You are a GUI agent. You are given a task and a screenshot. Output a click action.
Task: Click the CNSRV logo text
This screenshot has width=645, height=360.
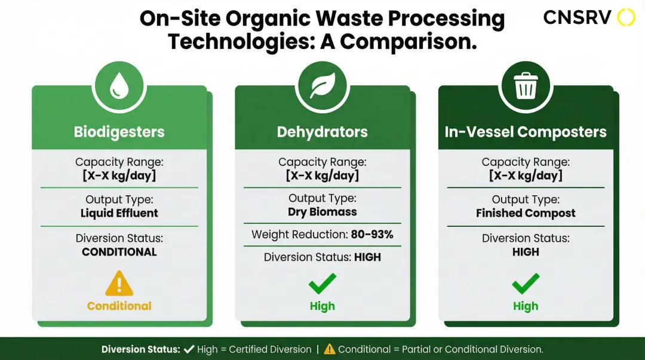(x=577, y=18)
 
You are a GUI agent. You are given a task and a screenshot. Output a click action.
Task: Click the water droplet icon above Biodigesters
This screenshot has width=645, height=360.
(x=119, y=86)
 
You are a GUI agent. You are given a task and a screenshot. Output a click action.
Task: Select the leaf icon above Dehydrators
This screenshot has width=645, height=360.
(x=322, y=86)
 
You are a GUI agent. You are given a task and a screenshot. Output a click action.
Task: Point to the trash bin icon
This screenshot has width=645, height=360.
(x=526, y=85)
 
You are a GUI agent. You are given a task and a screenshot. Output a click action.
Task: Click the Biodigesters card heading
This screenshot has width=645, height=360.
(x=119, y=132)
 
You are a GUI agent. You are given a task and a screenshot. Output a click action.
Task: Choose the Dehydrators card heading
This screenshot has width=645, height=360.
(x=322, y=132)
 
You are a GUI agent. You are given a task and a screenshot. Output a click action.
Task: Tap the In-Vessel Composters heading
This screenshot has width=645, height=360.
(x=526, y=132)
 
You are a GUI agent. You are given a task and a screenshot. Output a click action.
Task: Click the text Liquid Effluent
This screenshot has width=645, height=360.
(x=119, y=213)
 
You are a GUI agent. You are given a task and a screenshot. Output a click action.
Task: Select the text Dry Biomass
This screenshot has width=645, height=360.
(x=322, y=212)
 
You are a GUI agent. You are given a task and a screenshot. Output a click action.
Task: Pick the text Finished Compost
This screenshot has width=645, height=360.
(x=526, y=213)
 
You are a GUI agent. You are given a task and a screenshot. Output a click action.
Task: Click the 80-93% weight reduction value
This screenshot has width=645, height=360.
(x=372, y=235)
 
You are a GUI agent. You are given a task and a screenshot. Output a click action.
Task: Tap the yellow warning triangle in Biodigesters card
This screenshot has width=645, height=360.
(x=119, y=284)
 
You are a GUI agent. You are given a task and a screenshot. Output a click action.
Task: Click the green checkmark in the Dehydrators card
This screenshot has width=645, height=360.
(x=322, y=284)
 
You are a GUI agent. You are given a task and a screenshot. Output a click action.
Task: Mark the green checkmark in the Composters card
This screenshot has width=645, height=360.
(x=526, y=284)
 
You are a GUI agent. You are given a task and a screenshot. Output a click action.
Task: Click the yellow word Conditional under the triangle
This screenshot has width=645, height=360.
(x=119, y=306)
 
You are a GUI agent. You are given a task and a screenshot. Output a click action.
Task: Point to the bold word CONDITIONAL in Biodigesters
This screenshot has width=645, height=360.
(x=119, y=252)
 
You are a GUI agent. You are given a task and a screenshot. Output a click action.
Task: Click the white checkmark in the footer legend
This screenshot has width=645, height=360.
(x=189, y=349)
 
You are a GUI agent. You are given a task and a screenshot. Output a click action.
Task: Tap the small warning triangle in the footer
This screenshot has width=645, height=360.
(x=330, y=349)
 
